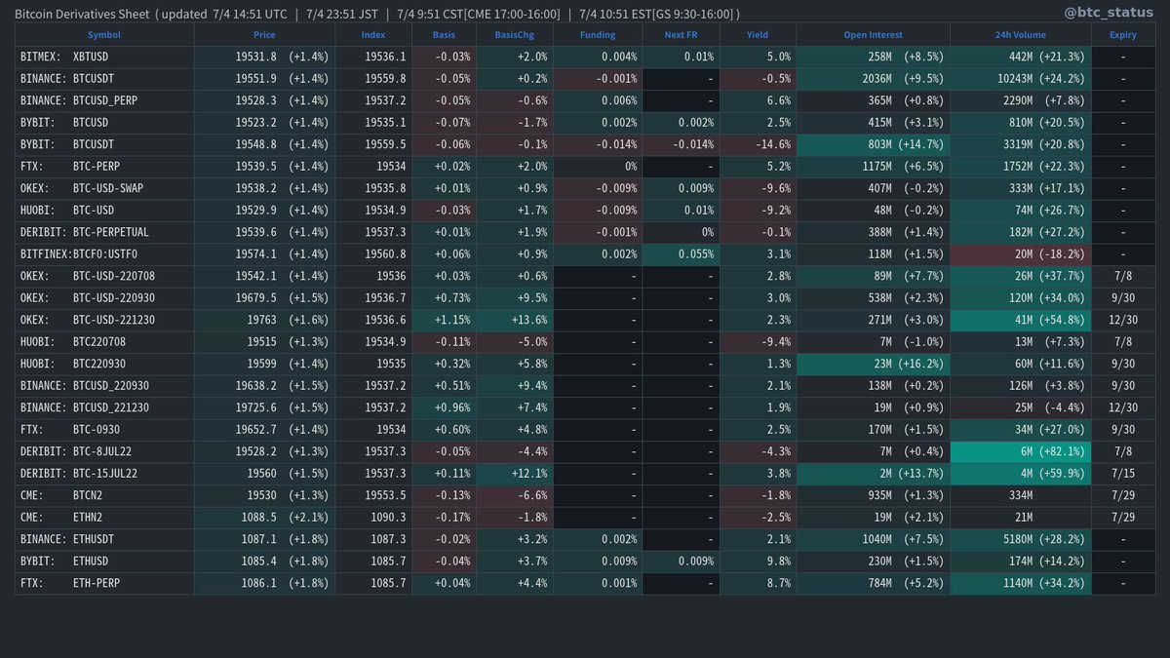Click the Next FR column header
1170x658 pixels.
pos(681,35)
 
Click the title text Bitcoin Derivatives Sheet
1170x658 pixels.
pos(82,14)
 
